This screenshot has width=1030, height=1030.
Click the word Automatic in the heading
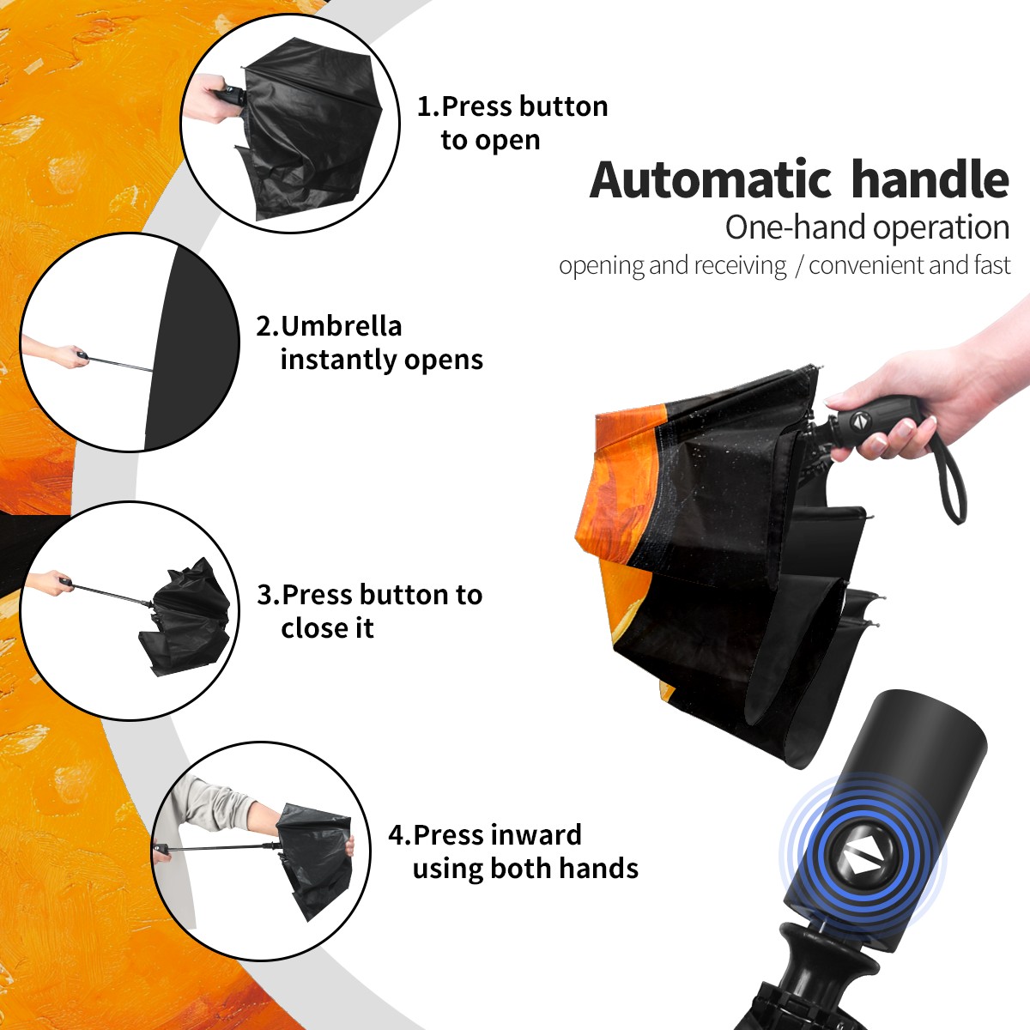(x=711, y=179)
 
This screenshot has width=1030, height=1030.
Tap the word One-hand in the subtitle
(x=796, y=227)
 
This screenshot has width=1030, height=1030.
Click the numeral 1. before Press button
(x=427, y=107)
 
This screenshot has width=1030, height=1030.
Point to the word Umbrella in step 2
(x=341, y=326)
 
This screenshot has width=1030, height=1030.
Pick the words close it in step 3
(x=327, y=627)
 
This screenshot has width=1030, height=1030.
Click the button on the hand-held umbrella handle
(x=859, y=421)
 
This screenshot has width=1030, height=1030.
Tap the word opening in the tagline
(x=602, y=266)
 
